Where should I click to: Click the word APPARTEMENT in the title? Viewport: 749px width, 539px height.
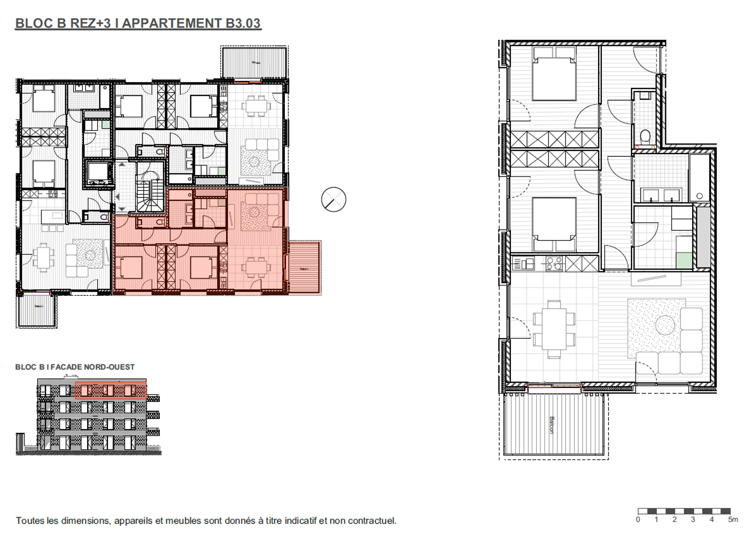coord(172,23)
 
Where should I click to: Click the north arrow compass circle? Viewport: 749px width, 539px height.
coord(333,200)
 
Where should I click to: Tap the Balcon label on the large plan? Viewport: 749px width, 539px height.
coord(551,425)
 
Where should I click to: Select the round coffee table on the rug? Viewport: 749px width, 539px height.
coord(665,325)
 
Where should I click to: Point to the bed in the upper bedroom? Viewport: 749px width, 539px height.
coord(554,79)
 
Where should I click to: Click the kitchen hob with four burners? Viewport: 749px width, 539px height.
coord(554,264)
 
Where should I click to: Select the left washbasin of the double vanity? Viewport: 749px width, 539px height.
coord(650,195)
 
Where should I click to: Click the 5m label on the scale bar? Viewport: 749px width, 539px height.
coord(733,520)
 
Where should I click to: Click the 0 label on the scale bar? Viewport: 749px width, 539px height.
coord(638,520)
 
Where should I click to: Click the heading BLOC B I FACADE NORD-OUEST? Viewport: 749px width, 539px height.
coord(75,367)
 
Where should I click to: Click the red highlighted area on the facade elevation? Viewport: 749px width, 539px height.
coord(111,390)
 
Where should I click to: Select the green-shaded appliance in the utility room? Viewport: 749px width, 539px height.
coord(684,261)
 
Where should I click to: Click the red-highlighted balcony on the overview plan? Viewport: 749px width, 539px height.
coord(304,267)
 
